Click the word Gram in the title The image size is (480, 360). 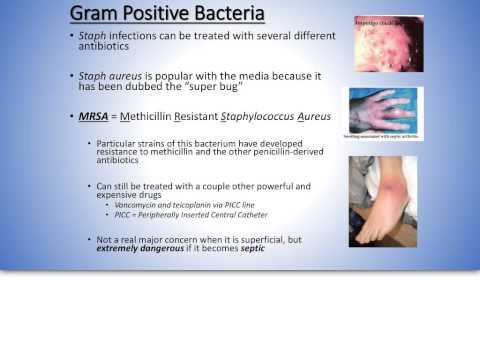point(96,17)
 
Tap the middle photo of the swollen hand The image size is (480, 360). point(386,111)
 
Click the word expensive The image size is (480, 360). point(119,195)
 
